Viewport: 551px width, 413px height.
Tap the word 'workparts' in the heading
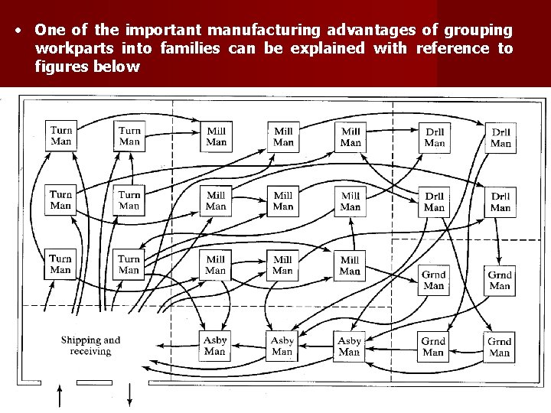point(67,48)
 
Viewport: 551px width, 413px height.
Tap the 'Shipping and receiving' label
point(90,346)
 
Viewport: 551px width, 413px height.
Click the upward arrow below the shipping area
point(60,397)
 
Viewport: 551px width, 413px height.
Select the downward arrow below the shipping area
point(129,397)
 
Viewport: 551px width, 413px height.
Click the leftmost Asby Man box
point(215,346)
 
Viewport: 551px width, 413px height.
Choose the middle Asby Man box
point(282,346)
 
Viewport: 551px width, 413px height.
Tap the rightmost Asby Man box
point(349,346)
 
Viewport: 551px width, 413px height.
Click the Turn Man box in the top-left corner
point(61,135)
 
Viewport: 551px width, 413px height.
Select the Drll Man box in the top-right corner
point(500,138)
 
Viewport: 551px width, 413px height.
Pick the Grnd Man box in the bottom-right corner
point(500,347)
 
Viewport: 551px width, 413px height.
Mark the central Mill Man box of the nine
point(283,200)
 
